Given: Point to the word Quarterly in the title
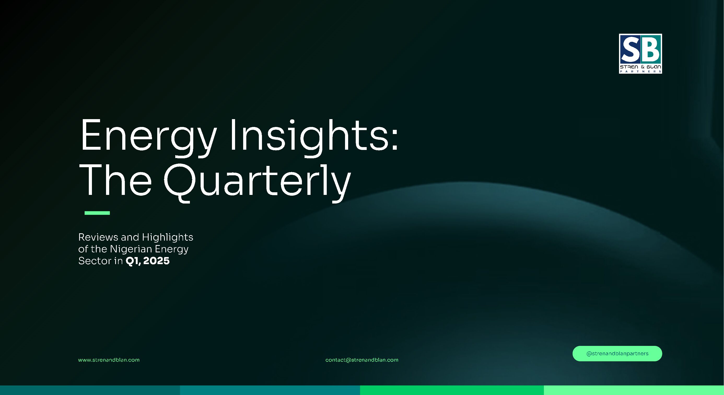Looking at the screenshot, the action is pos(257,183).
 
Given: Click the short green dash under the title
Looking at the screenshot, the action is pos(97,213).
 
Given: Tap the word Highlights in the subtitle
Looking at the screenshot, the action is pos(167,238).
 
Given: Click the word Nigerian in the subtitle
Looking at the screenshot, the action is pos(131,249).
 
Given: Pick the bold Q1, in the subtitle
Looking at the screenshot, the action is pos(133,261).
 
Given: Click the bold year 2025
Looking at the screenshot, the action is pos(156,261).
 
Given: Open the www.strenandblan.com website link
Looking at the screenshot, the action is pos(109,360).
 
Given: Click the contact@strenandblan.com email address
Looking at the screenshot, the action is pos(362,360).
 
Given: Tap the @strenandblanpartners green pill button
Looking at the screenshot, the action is pos(617,353).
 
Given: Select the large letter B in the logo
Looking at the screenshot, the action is pos(650,49).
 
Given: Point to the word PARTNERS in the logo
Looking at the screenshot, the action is pos(640,71).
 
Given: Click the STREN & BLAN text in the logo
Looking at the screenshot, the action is pos(640,67).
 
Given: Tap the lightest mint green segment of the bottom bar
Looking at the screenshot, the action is pos(634,390).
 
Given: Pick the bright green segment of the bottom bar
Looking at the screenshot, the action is pos(452,390).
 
